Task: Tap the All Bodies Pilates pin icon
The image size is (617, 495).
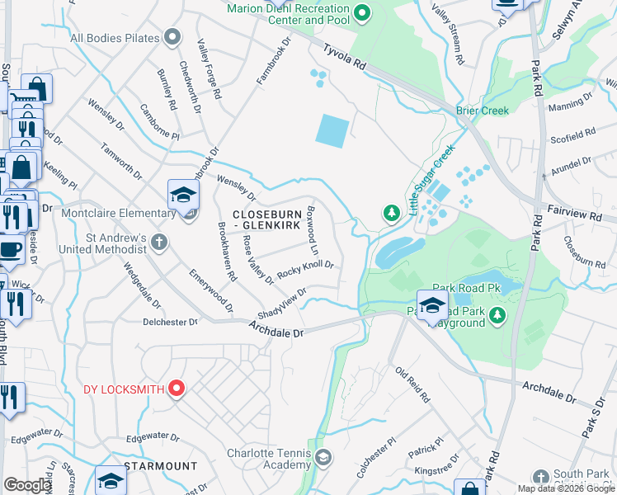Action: coord(172,37)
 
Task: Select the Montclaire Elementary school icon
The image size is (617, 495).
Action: coord(183,195)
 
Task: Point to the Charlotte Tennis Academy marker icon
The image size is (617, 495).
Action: coord(324,457)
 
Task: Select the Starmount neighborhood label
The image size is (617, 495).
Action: coord(161,466)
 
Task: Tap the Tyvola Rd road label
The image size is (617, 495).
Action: coord(344,57)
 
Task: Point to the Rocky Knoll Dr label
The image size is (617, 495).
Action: coord(305,268)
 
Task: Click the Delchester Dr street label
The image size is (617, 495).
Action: coord(171,322)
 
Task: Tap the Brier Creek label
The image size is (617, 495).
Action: coord(483,111)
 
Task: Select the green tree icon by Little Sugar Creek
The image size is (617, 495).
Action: coord(391,214)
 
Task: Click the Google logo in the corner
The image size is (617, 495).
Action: coord(27,485)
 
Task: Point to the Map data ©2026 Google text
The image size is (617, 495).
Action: coord(566,488)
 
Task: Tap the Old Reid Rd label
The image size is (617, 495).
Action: coord(412,384)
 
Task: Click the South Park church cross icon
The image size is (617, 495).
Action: coord(540,478)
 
